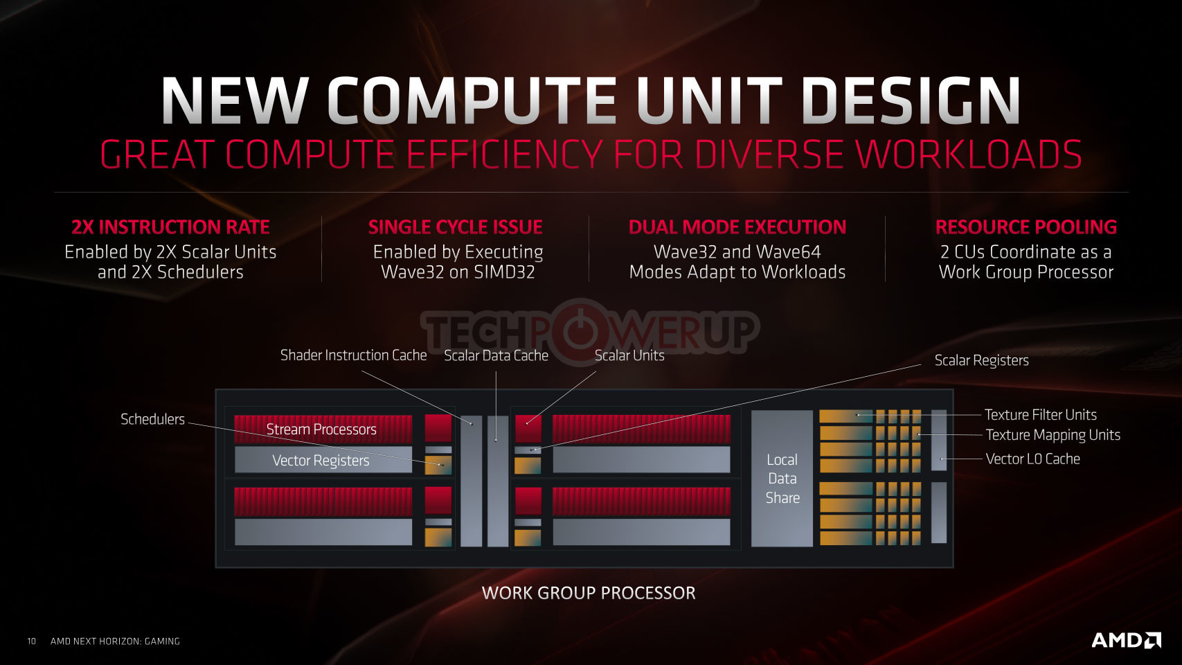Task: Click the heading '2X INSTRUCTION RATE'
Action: click(x=170, y=227)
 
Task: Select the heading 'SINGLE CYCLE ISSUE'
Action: click(x=456, y=227)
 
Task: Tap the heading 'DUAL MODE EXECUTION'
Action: click(x=737, y=227)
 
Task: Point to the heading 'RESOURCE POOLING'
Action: click(x=1026, y=227)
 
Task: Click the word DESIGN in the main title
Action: click(x=911, y=101)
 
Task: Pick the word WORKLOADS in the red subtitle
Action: click(x=968, y=154)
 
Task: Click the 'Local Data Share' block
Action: click(x=782, y=479)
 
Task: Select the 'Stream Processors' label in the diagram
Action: click(x=321, y=429)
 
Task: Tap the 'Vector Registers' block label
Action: click(x=321, y=460)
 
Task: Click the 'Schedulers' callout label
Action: click(x=152, y=419)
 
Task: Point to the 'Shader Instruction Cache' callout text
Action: click(x=354, y=355)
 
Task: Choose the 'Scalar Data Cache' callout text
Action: click(x=496, y=356)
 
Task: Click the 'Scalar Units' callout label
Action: click(x=629, y=356)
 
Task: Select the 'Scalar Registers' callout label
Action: click(x=981, y=360)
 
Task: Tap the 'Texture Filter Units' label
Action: click(x=1041, y=415)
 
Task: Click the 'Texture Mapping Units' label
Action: click(x=1053, y=435)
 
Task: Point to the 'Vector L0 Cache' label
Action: click(x=1032, y=459)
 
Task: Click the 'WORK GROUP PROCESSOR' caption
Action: click(x=589, y=593)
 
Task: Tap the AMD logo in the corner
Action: click(x=1126, y=640)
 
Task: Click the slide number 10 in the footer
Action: click(x=32, y=641)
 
